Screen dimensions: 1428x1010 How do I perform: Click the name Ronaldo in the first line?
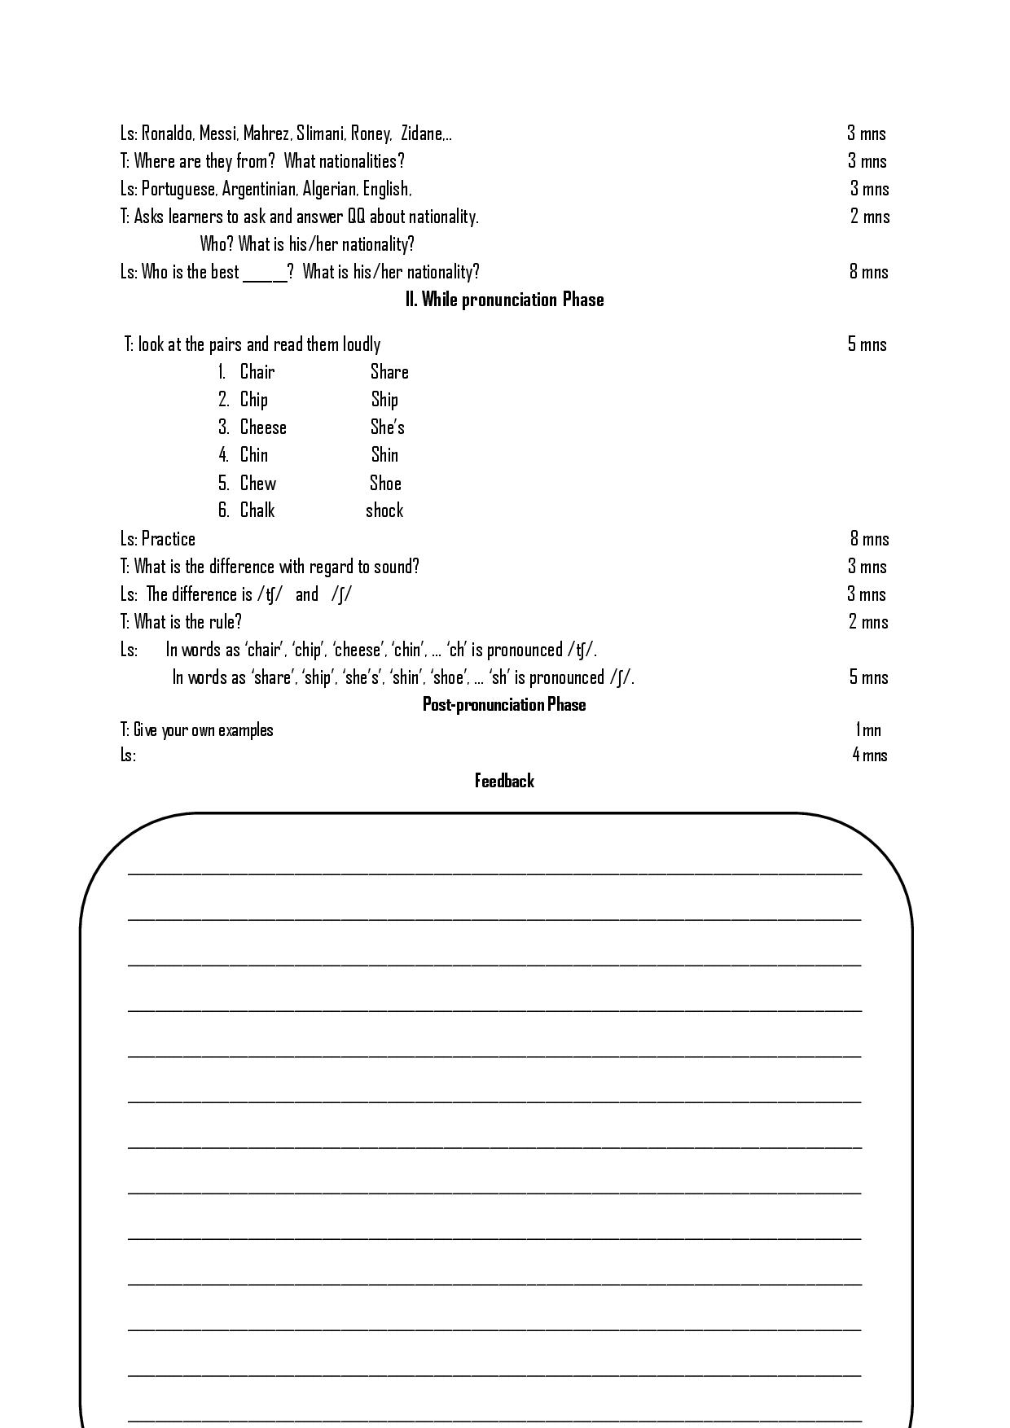[167, 134]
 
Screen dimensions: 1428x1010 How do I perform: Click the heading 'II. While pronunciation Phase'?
[504, 300]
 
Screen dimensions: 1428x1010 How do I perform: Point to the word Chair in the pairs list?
[257, 372]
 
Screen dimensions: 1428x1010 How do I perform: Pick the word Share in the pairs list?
[389, 372]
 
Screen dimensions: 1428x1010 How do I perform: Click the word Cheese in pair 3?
[263, 427]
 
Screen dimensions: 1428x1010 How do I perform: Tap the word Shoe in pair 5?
[385, 484]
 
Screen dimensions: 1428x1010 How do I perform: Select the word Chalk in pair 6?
[257, 510]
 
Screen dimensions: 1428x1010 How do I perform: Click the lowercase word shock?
[384, 510]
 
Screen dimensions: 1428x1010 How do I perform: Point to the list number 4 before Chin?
[223, 455]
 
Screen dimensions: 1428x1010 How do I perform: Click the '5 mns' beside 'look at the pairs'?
[867, 344]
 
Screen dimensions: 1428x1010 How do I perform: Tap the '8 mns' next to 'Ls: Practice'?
[869, 539]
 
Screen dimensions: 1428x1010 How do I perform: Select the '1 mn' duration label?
[868, 730]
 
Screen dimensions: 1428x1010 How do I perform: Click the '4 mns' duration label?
[870, 756]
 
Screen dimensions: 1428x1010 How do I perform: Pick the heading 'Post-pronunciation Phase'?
[504, 704]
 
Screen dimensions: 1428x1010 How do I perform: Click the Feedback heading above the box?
[504, 782]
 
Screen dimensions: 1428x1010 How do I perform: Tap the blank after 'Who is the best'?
[265, 274]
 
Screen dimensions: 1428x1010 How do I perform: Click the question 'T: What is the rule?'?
[181, 622]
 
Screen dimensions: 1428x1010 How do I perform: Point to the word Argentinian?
[259, 189]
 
